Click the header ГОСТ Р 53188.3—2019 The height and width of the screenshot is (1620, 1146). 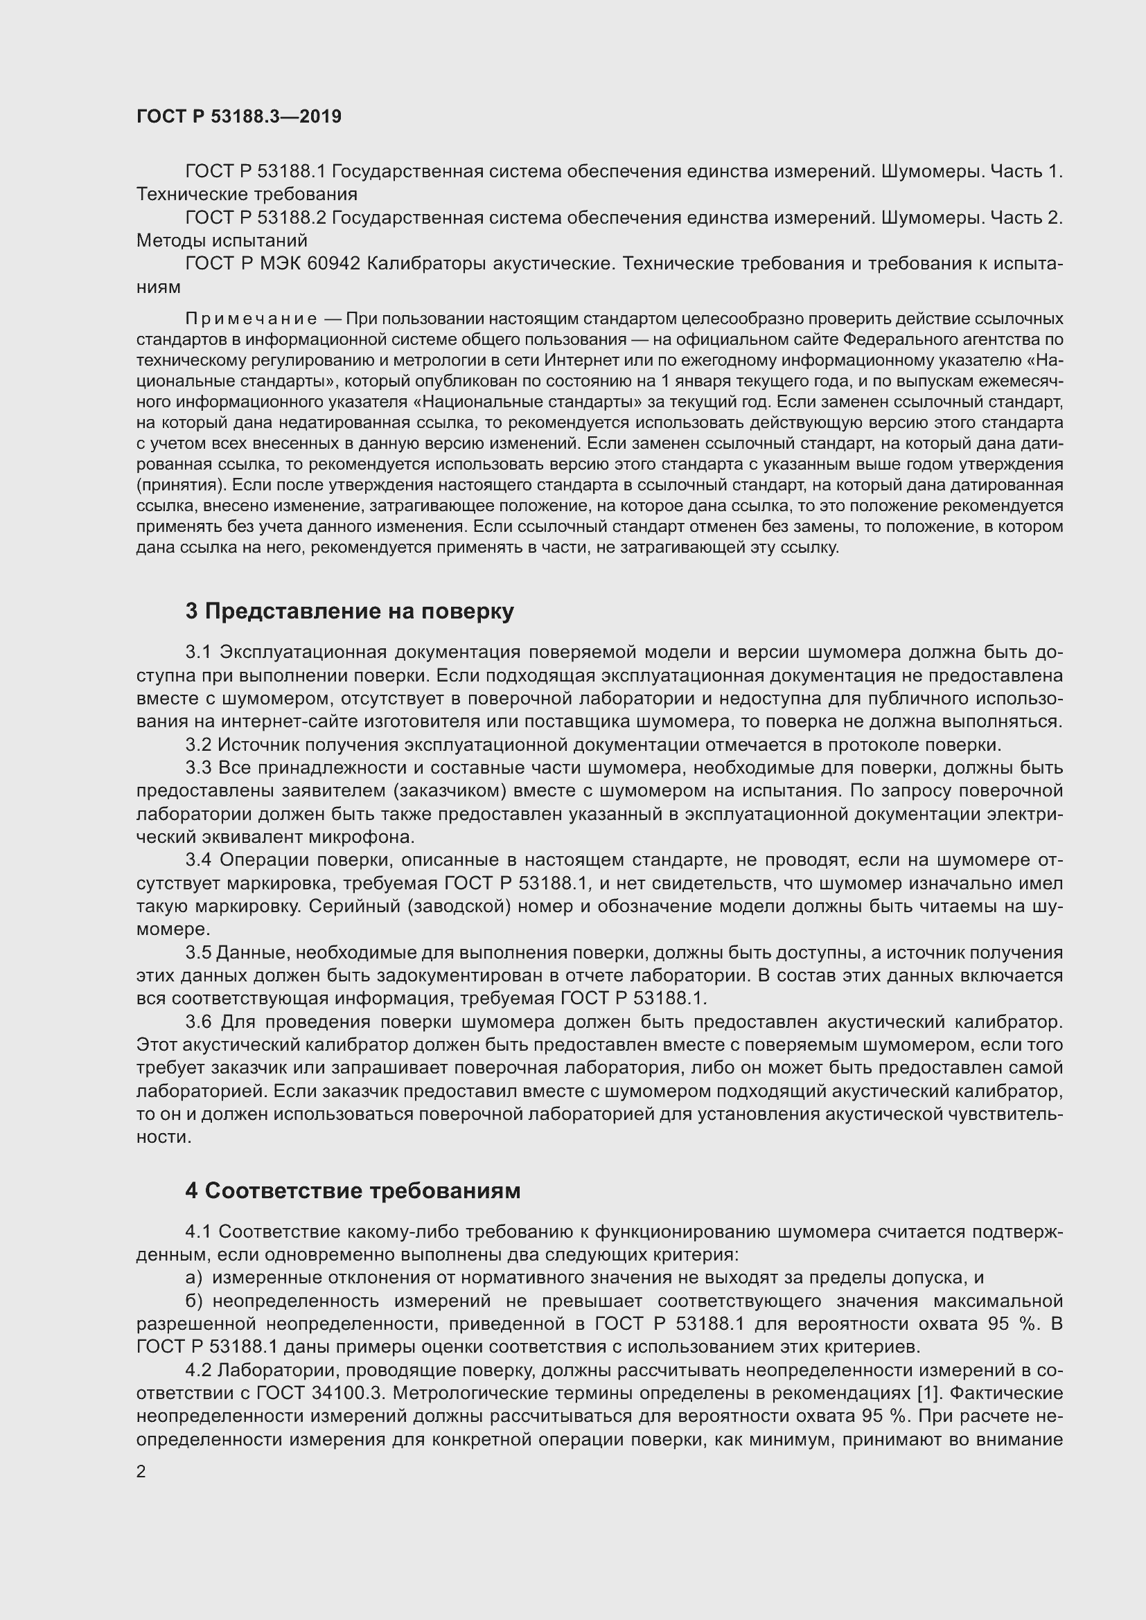pos(238,116)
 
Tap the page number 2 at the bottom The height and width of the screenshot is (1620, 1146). pos(141,1472)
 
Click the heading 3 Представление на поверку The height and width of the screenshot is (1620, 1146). pos(349,611)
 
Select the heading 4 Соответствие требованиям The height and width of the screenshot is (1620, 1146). pos(353,1191)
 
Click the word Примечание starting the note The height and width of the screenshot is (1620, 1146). pos(251,319)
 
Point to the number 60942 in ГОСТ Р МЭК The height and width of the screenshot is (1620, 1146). pos(334,264)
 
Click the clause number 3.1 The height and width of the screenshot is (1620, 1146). pos(198,652)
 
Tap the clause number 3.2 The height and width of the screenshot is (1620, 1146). pos(198,745)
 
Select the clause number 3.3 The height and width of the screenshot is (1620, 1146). pos(198,767)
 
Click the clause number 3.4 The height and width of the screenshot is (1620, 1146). pos(198,860)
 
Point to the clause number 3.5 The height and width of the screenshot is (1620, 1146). pos(198,952)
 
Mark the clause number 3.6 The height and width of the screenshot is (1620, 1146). pos(198,1022)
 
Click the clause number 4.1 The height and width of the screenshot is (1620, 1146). pos(198,1232)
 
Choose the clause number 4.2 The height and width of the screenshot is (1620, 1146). pos(198,1370)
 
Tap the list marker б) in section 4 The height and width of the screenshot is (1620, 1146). pos(194,1301)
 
